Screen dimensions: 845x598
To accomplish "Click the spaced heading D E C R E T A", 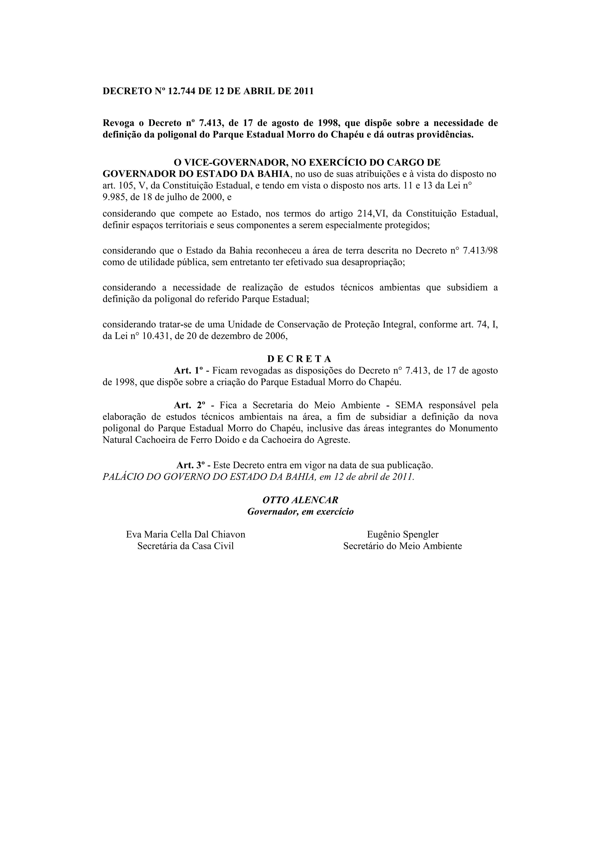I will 299,359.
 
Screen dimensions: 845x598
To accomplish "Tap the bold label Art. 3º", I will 191,465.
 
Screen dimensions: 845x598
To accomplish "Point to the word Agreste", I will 333,440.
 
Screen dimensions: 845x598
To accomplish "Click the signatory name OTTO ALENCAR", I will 300,500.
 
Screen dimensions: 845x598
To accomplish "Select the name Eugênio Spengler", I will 402,534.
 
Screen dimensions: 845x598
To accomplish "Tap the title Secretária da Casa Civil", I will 186,546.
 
